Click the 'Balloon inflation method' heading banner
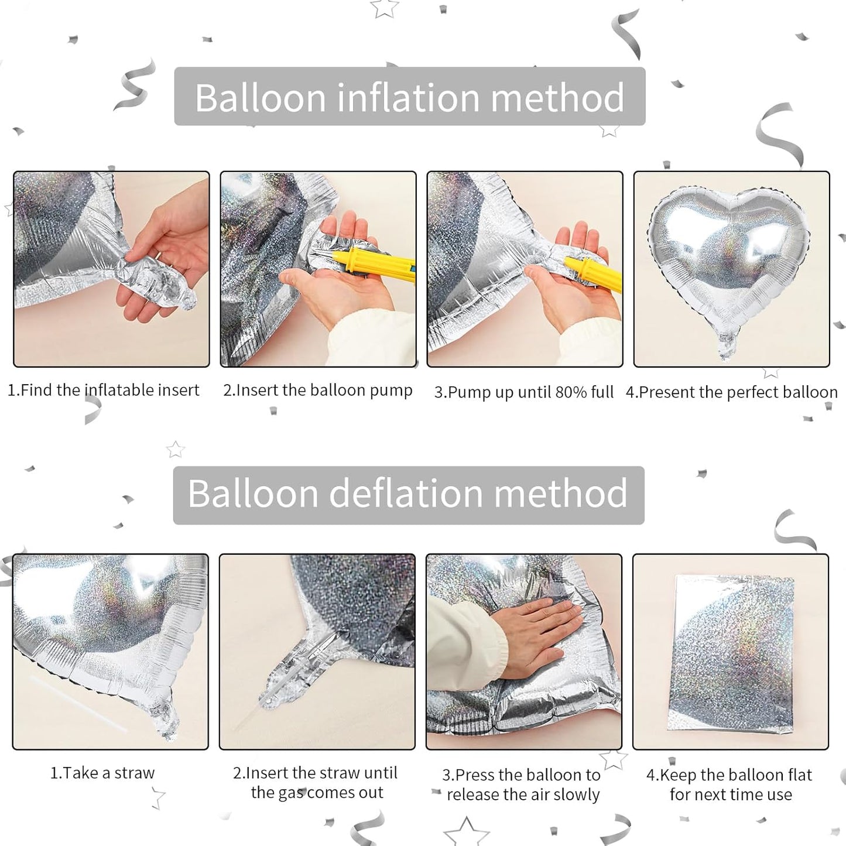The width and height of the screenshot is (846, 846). [x=410, y=97]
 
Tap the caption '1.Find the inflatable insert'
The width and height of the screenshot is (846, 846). [x=104, y=391]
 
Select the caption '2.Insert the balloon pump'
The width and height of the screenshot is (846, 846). [x=318, y=391]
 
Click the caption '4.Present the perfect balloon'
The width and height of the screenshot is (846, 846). [x=731, y=392]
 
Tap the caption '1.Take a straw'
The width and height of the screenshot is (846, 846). [x=102, y=773]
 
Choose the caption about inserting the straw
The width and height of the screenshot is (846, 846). [x=316, y=783]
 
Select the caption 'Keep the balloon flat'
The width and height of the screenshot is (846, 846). [x=730, y=785]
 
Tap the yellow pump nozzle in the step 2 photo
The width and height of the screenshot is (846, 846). [x=375, y=263]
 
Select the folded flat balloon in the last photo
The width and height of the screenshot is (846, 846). [x=732, y=653]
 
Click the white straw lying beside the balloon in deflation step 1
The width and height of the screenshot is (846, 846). [x=76, y=703]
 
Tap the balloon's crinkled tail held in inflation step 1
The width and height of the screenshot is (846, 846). [x=158, y=281]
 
